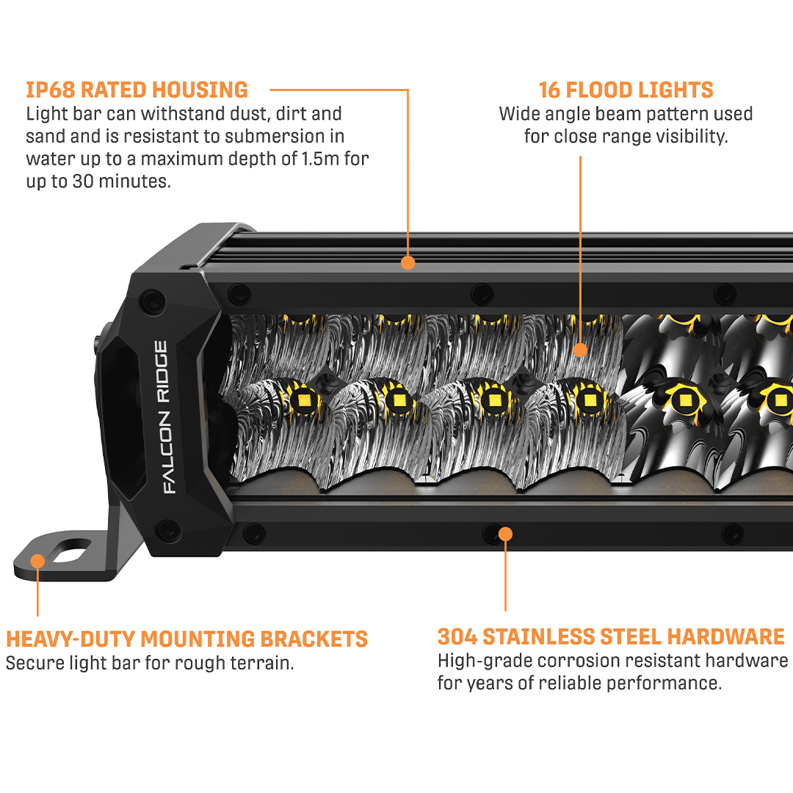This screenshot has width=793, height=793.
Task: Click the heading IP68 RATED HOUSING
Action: coord(137,90)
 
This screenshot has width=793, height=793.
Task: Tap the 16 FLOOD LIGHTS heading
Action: coord(626,90)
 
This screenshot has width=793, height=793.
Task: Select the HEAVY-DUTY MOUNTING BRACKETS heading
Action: coord(187,639)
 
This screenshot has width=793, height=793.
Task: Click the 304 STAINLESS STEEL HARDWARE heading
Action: coord(611,636)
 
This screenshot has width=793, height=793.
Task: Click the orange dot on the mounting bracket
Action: coord(37,561)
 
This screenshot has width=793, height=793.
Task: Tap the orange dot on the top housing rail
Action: coord(408,262)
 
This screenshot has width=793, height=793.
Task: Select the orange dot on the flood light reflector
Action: coord(580,350)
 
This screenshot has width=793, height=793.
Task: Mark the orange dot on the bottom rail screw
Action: coord(505,532)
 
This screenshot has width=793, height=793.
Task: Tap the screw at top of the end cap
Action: coord(153,300)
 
